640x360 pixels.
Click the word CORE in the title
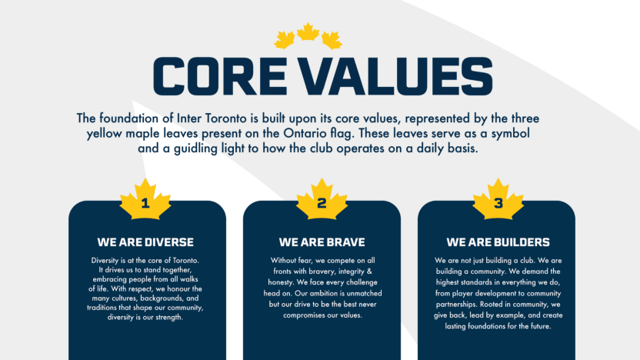219,76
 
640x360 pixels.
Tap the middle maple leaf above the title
308,32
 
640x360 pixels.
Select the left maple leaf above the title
285,40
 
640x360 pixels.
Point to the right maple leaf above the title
332,40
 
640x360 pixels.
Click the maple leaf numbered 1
145,200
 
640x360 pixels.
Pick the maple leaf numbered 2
322,200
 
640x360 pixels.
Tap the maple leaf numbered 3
498,200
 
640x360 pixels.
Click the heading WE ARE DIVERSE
145,242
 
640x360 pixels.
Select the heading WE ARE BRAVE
322,242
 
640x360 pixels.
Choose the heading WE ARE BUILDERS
498,242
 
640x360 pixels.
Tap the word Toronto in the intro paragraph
225,118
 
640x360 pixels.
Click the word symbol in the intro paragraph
510,134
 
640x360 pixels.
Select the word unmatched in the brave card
362,293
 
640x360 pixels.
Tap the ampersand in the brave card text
369,271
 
